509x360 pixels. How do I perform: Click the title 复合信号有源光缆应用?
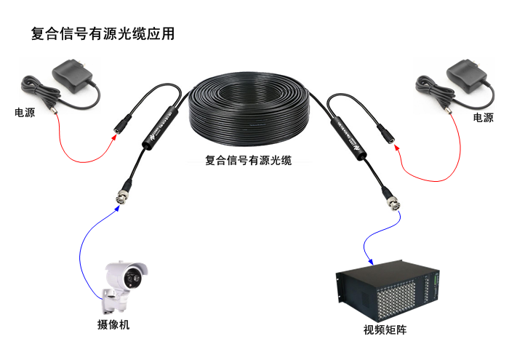point(103,34)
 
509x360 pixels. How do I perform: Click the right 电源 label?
point(483,118)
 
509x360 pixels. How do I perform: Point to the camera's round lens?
point(134,277)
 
